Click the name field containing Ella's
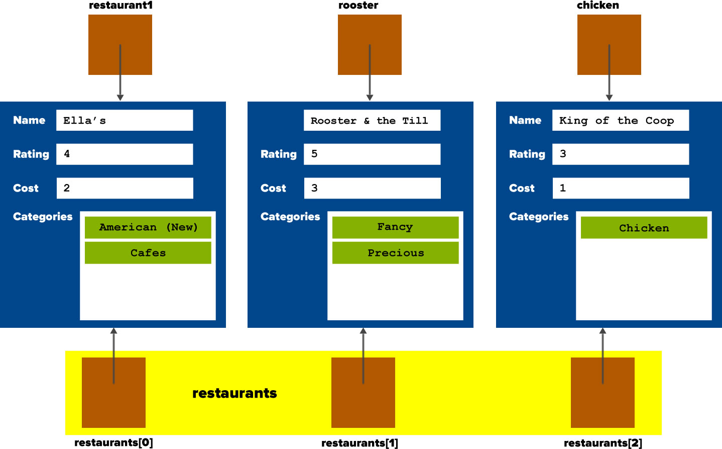(125, 120)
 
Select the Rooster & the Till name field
(372, 120)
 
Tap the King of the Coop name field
(620, 120)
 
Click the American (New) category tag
(148, 227)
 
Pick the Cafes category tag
(148, 253)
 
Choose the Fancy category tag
(395, 227)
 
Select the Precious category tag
(395, 253)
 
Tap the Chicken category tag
(644, 228)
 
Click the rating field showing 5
(372, 154)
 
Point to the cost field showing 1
(621, 188)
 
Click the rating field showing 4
(125, 154)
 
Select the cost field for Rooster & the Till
(372, 188)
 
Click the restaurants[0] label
(113, 442)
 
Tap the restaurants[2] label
(603, 443)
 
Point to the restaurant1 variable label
(121, 6)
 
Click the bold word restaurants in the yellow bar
(234, 393)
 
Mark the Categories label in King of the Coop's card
(538, 217)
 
